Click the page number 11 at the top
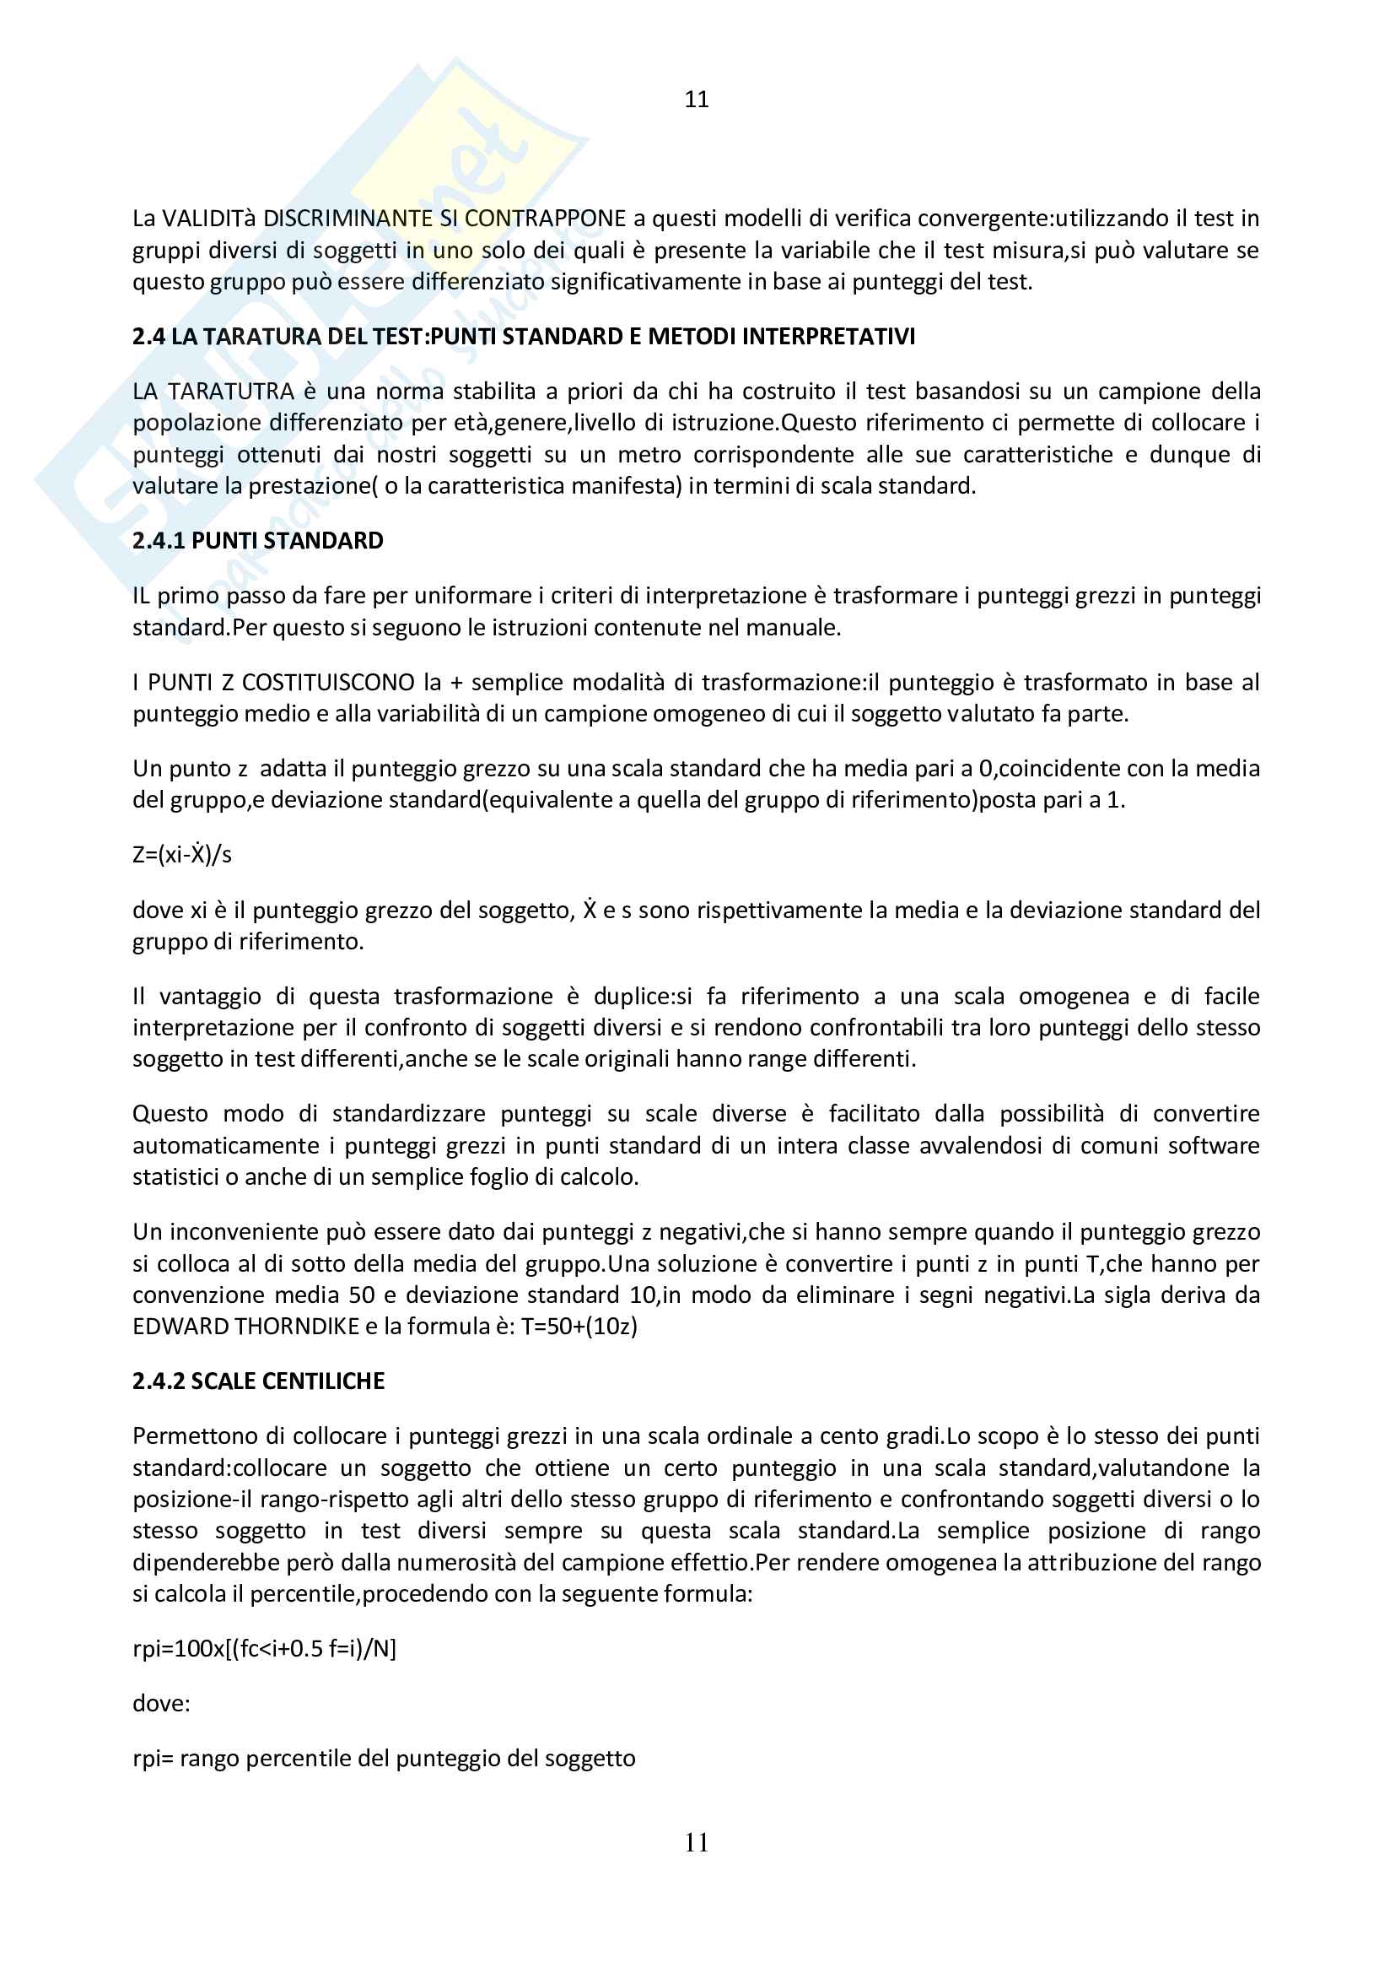coord(697,100)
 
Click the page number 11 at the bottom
coord(697,1842)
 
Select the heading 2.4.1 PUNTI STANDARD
coord(258,541)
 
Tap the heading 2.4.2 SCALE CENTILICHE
coord(259,1381)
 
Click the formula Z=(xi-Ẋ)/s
coord(182,855)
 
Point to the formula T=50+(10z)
coord(579,1327)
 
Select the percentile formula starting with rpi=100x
coord(265,1648)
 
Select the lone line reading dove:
coord(161,1703)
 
